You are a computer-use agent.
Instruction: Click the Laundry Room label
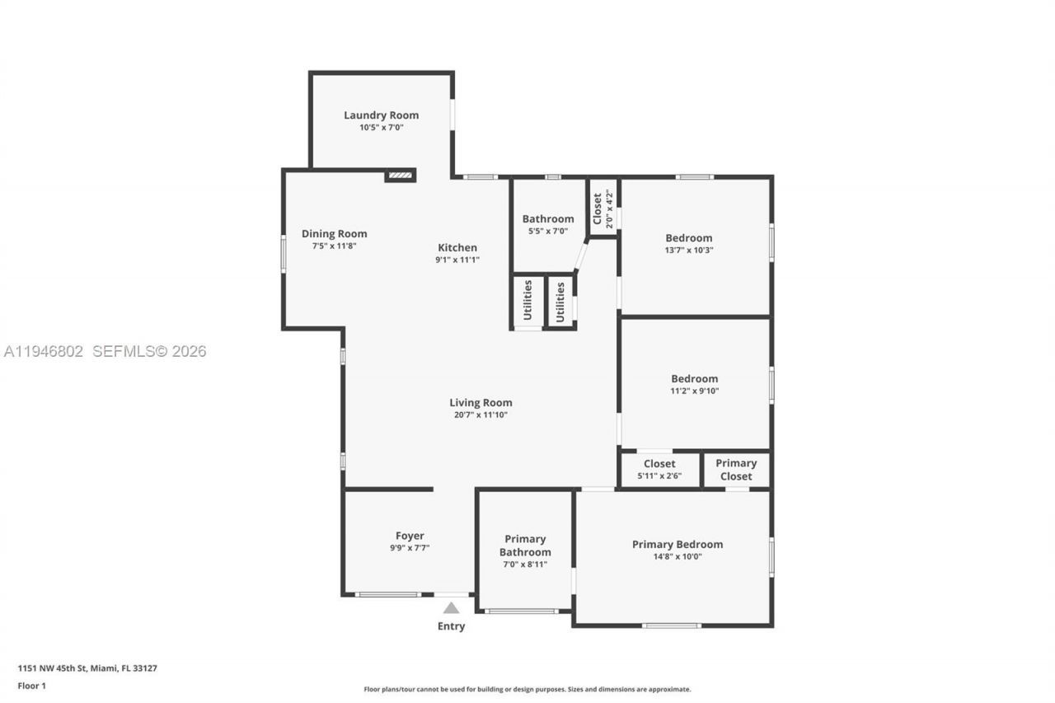(381, 115)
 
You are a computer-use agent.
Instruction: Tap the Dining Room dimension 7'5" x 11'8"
(334, 246)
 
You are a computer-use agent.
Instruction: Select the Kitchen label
(457, 247)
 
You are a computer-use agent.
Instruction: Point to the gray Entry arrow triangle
(451, 608)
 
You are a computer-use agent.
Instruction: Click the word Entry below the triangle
(451, 626)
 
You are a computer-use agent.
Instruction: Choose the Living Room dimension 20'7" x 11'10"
(481, 415)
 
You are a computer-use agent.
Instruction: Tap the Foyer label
(410, 536)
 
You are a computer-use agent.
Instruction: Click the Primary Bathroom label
(525, 546)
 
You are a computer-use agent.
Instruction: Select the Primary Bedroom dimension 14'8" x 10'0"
(678, 556)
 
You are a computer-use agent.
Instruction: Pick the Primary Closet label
(735, 470)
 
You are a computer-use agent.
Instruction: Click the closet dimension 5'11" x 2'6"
(659, 476)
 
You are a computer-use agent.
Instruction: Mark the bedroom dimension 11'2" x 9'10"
(694, 391)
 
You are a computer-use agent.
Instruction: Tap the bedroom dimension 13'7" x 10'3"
(689, 251)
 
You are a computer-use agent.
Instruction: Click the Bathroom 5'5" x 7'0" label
(548, 219)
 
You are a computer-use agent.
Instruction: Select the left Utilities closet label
(527, 301)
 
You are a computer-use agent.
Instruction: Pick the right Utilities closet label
(560, 302)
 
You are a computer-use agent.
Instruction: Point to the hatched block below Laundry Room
(400, 175)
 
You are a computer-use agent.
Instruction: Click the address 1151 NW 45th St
(87, 668)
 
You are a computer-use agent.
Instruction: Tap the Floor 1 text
(32, 686)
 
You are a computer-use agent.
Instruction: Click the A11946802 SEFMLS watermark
(105, 352)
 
